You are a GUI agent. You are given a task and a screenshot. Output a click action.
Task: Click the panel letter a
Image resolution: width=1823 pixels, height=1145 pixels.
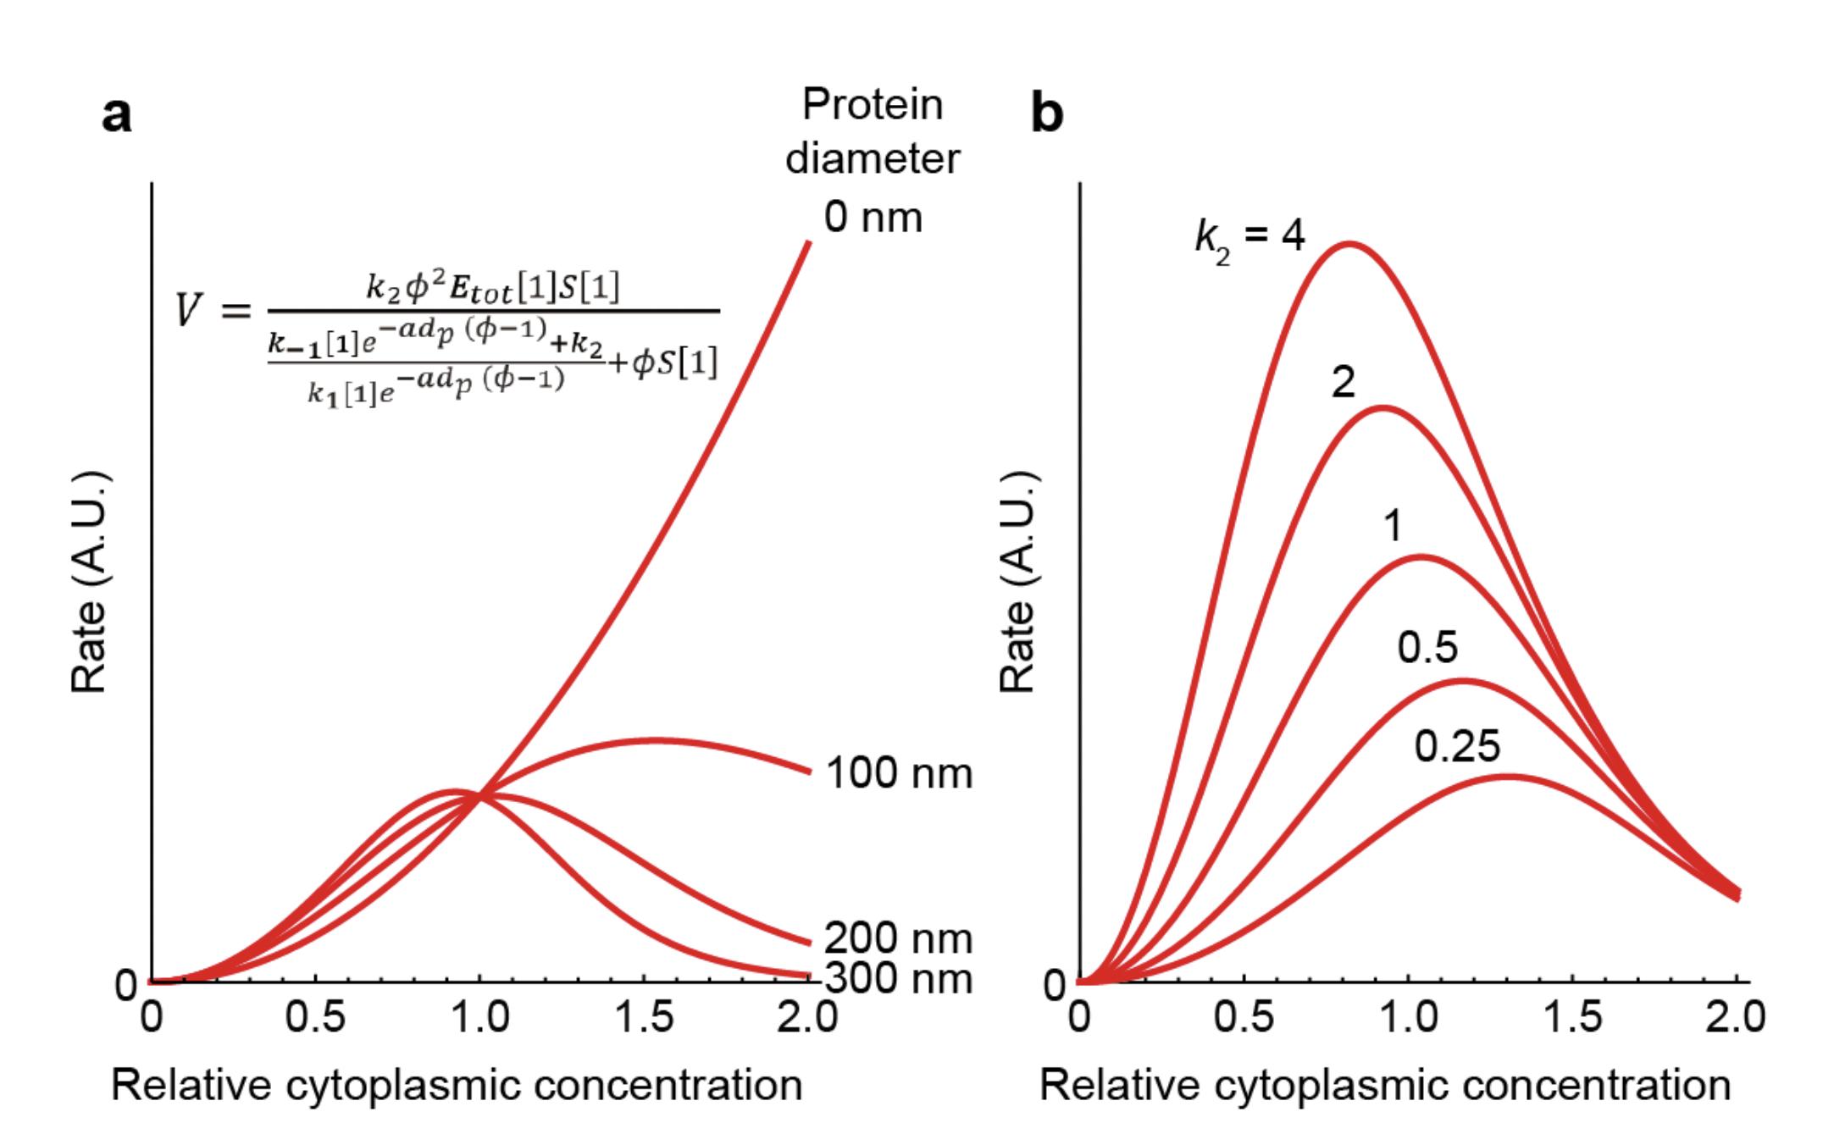coord(117,114)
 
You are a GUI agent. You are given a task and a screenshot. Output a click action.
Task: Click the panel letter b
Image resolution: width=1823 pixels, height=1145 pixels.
coord(1047,114)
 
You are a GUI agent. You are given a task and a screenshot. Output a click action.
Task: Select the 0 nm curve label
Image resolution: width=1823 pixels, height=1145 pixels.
coord(873,218)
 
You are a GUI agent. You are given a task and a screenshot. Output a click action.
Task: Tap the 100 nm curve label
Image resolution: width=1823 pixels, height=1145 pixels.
coord(898,773)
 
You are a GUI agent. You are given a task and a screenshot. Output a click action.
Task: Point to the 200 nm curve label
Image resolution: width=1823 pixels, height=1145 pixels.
coord(898,938)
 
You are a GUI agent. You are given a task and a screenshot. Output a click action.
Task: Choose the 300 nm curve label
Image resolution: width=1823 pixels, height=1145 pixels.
coord(898,979)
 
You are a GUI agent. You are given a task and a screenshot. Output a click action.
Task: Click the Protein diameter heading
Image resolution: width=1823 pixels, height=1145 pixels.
coord(873,131)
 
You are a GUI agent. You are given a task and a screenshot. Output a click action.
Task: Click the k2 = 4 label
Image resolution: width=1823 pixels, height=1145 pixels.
coord(1250,237)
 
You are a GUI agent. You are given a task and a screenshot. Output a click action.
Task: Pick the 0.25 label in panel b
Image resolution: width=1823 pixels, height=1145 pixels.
coord(1457,746)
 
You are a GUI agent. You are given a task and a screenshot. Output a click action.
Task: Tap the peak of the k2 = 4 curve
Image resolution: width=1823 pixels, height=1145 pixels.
coord(1349,244)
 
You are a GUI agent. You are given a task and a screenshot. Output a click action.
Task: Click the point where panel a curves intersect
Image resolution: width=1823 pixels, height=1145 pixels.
coord(479,795)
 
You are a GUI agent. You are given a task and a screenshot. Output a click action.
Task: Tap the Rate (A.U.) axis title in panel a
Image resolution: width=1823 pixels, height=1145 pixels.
coord(90,581)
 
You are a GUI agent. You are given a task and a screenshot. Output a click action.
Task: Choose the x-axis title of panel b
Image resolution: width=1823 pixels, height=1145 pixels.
coord(1385,1085)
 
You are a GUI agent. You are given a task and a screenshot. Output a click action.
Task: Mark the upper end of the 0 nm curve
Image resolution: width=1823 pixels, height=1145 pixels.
coord(809,244)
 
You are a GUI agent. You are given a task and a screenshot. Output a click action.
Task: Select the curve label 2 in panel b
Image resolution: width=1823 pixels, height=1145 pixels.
coord(1343,384)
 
